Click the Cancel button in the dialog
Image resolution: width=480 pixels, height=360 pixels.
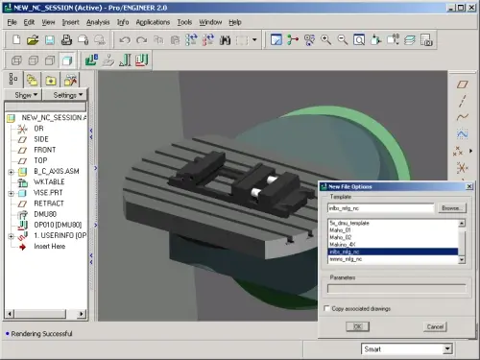pyautogui.click(x=434, y=325)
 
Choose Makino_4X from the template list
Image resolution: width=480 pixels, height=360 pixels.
pyautogui.click(x=345, y=244)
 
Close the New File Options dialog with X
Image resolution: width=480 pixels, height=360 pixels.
pyautogui.click(x=469, y=185)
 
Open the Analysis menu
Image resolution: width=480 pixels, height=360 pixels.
pyautogui.click(x=98, y=21)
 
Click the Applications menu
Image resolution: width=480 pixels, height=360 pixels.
pyautogui.click(x=154, y=21)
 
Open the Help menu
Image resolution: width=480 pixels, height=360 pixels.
pyautogui.click(x=235, y=21)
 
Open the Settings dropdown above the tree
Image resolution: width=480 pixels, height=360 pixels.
pyautogui.click(x=67, y=95)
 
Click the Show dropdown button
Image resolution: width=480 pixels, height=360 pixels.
pyautogui.click(x=25, y=95)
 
